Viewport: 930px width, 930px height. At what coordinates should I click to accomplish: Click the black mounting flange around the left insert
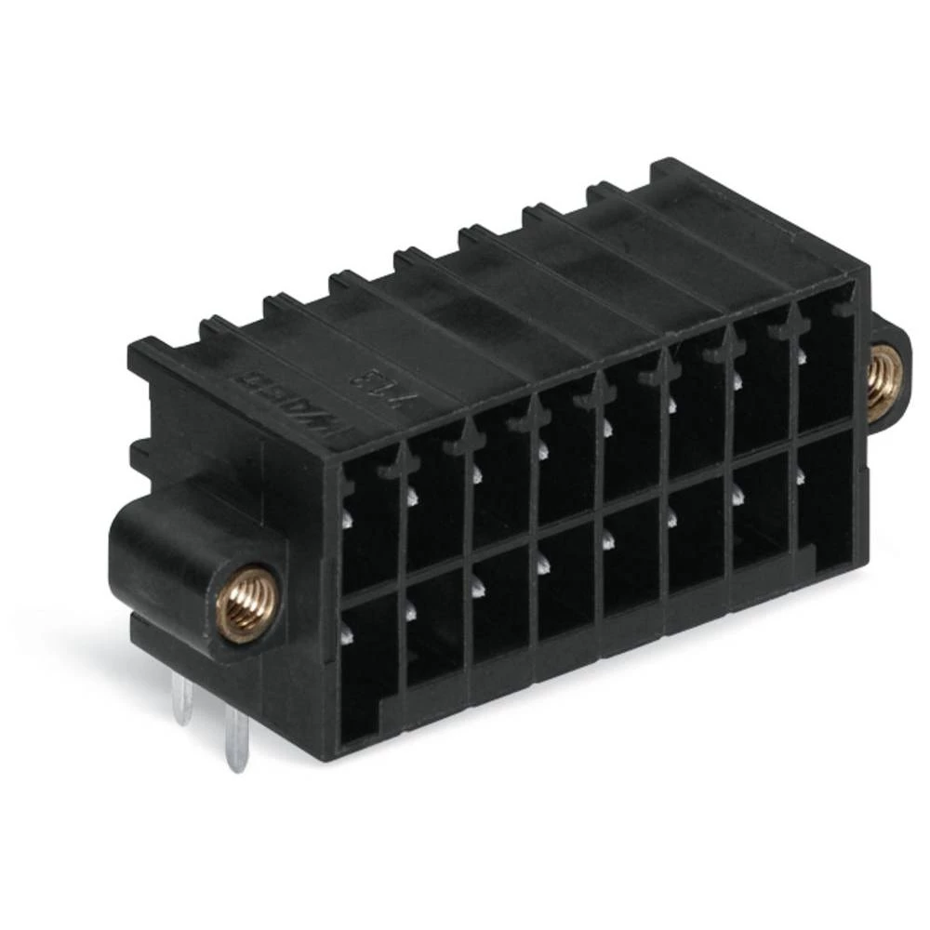pos(167,558)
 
